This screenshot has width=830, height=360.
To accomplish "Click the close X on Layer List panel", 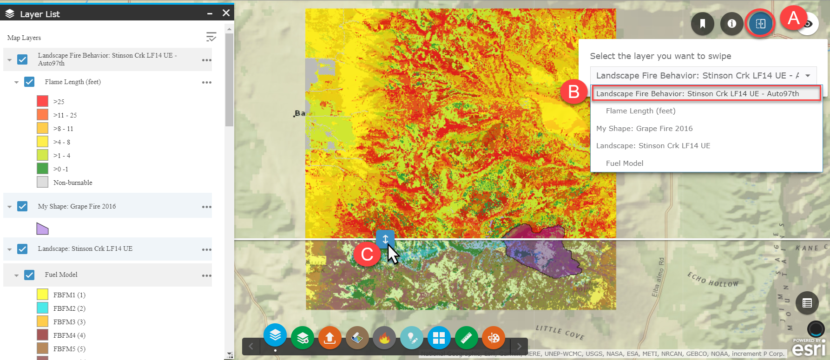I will click(x=226, y=13).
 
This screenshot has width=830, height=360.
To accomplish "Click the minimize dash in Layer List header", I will click(x=210, y=14).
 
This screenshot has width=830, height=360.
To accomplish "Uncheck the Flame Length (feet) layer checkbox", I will click(x=29, y=82).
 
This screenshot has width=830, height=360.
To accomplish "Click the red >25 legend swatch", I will click(x=42, y=101).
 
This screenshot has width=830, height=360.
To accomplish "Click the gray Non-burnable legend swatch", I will click(x=42, y=182).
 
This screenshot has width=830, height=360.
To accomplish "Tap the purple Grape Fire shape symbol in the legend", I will click(x=42, y=229).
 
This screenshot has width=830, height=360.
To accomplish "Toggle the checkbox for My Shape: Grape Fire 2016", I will click(x=22, y=206).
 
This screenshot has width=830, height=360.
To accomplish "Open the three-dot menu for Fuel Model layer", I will click(x=207, y=275).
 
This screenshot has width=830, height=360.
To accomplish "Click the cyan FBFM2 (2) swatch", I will click(x=42, y=308).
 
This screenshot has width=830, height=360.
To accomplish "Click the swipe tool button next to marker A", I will click(x=760, y=23).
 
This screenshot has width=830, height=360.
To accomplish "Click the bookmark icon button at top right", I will click(x=702, y=23).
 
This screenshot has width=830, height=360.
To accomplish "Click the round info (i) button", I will click(x=731, y=23).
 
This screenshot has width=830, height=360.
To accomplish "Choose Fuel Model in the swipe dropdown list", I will click(x=624, y=163).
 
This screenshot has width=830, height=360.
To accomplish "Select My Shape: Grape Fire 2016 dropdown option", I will click(x=644, y=128).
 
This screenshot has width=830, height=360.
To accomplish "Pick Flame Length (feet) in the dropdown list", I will click(x=640, y=111).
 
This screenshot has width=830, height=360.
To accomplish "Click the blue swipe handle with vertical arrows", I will click(x=385, y=239).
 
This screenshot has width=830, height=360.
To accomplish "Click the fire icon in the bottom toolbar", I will click(x=384, y=338).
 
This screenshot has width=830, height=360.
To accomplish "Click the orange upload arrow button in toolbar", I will click(x=330, y=338).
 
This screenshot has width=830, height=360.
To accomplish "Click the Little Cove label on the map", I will click(x=560, y=332).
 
